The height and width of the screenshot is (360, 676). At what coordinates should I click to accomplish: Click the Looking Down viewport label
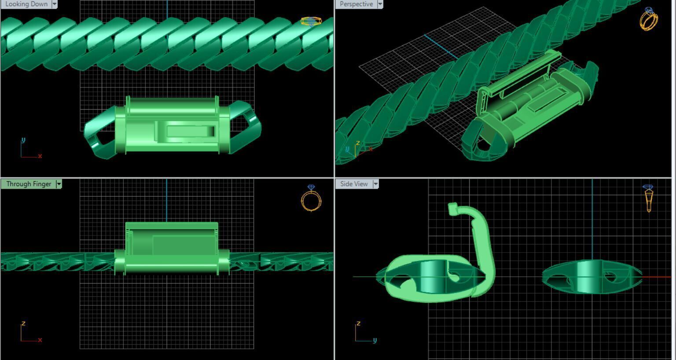coord(26,4)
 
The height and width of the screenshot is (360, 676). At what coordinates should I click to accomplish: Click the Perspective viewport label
coord(356,4)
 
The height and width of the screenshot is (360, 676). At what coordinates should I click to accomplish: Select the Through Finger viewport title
coord(29,184)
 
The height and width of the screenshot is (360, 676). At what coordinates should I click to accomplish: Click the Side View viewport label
coord(354,184)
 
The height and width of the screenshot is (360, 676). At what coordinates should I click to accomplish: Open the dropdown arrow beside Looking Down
coord(55,4)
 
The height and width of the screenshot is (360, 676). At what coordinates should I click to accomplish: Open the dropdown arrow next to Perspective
coord(380,4)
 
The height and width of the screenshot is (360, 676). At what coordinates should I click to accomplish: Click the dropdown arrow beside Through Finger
coord(59,184)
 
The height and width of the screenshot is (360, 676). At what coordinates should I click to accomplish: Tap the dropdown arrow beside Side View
coord(376,184)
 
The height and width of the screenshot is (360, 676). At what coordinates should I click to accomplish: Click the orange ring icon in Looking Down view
coord(311,21)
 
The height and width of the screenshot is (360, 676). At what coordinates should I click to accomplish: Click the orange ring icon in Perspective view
coord(649,19)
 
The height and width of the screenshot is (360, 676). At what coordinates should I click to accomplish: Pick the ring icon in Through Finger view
coord(311,198)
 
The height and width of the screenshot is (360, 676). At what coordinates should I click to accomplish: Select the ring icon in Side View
coord(648,198)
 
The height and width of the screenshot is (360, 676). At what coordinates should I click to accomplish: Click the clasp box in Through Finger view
coord(172,246)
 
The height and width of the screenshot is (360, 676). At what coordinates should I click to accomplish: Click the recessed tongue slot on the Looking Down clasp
coord(189,131)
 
